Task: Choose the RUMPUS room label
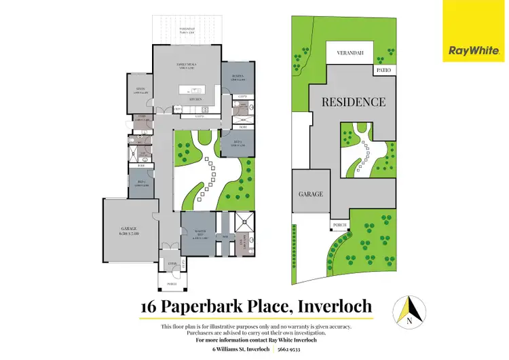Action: tap(237, 79)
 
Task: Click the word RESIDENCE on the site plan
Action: tap(353, 103)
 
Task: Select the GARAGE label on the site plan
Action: tap(311, 194)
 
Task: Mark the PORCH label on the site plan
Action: tap(339, 225)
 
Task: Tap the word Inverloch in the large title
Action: tap(335, 307)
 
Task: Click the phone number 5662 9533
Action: tap(296, 350)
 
